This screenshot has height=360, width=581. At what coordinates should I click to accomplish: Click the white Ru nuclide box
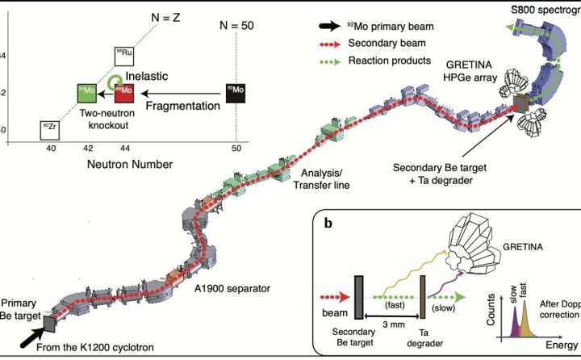click(125, 55)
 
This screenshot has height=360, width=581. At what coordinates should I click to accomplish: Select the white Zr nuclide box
click(49, 129)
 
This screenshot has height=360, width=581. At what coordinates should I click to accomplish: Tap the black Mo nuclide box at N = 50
click(236, 92)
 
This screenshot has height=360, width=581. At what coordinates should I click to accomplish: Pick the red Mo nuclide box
click(124, 92)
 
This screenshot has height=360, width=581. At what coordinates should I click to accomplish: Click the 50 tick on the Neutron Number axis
click(236, 149)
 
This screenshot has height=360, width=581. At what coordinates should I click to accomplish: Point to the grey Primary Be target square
click(50, 322)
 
